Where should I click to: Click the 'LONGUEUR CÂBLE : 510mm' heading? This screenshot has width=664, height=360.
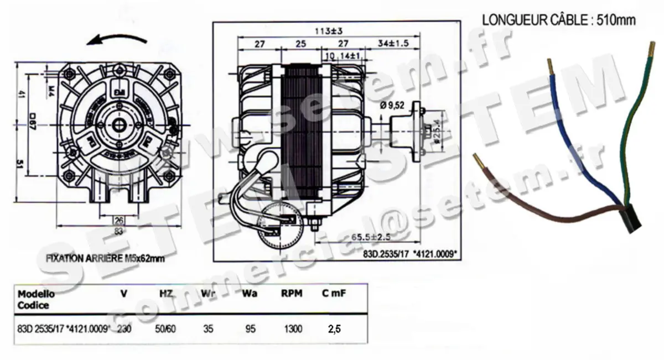[559, 20]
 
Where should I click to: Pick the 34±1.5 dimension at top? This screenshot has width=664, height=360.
[393, 43]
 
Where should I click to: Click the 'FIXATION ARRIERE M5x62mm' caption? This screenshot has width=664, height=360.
[105, 258]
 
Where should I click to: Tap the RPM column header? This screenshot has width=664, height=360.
[292, 294]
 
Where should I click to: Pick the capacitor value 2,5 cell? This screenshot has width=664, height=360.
[334, 329]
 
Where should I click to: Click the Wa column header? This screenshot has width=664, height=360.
[250, 294]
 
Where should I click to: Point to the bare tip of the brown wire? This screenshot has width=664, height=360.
[478, 160]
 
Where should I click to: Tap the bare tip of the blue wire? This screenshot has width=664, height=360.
[551, 66]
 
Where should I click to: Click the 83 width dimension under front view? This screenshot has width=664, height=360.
[118, 231]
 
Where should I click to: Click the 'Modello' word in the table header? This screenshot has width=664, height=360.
[36, 294]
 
